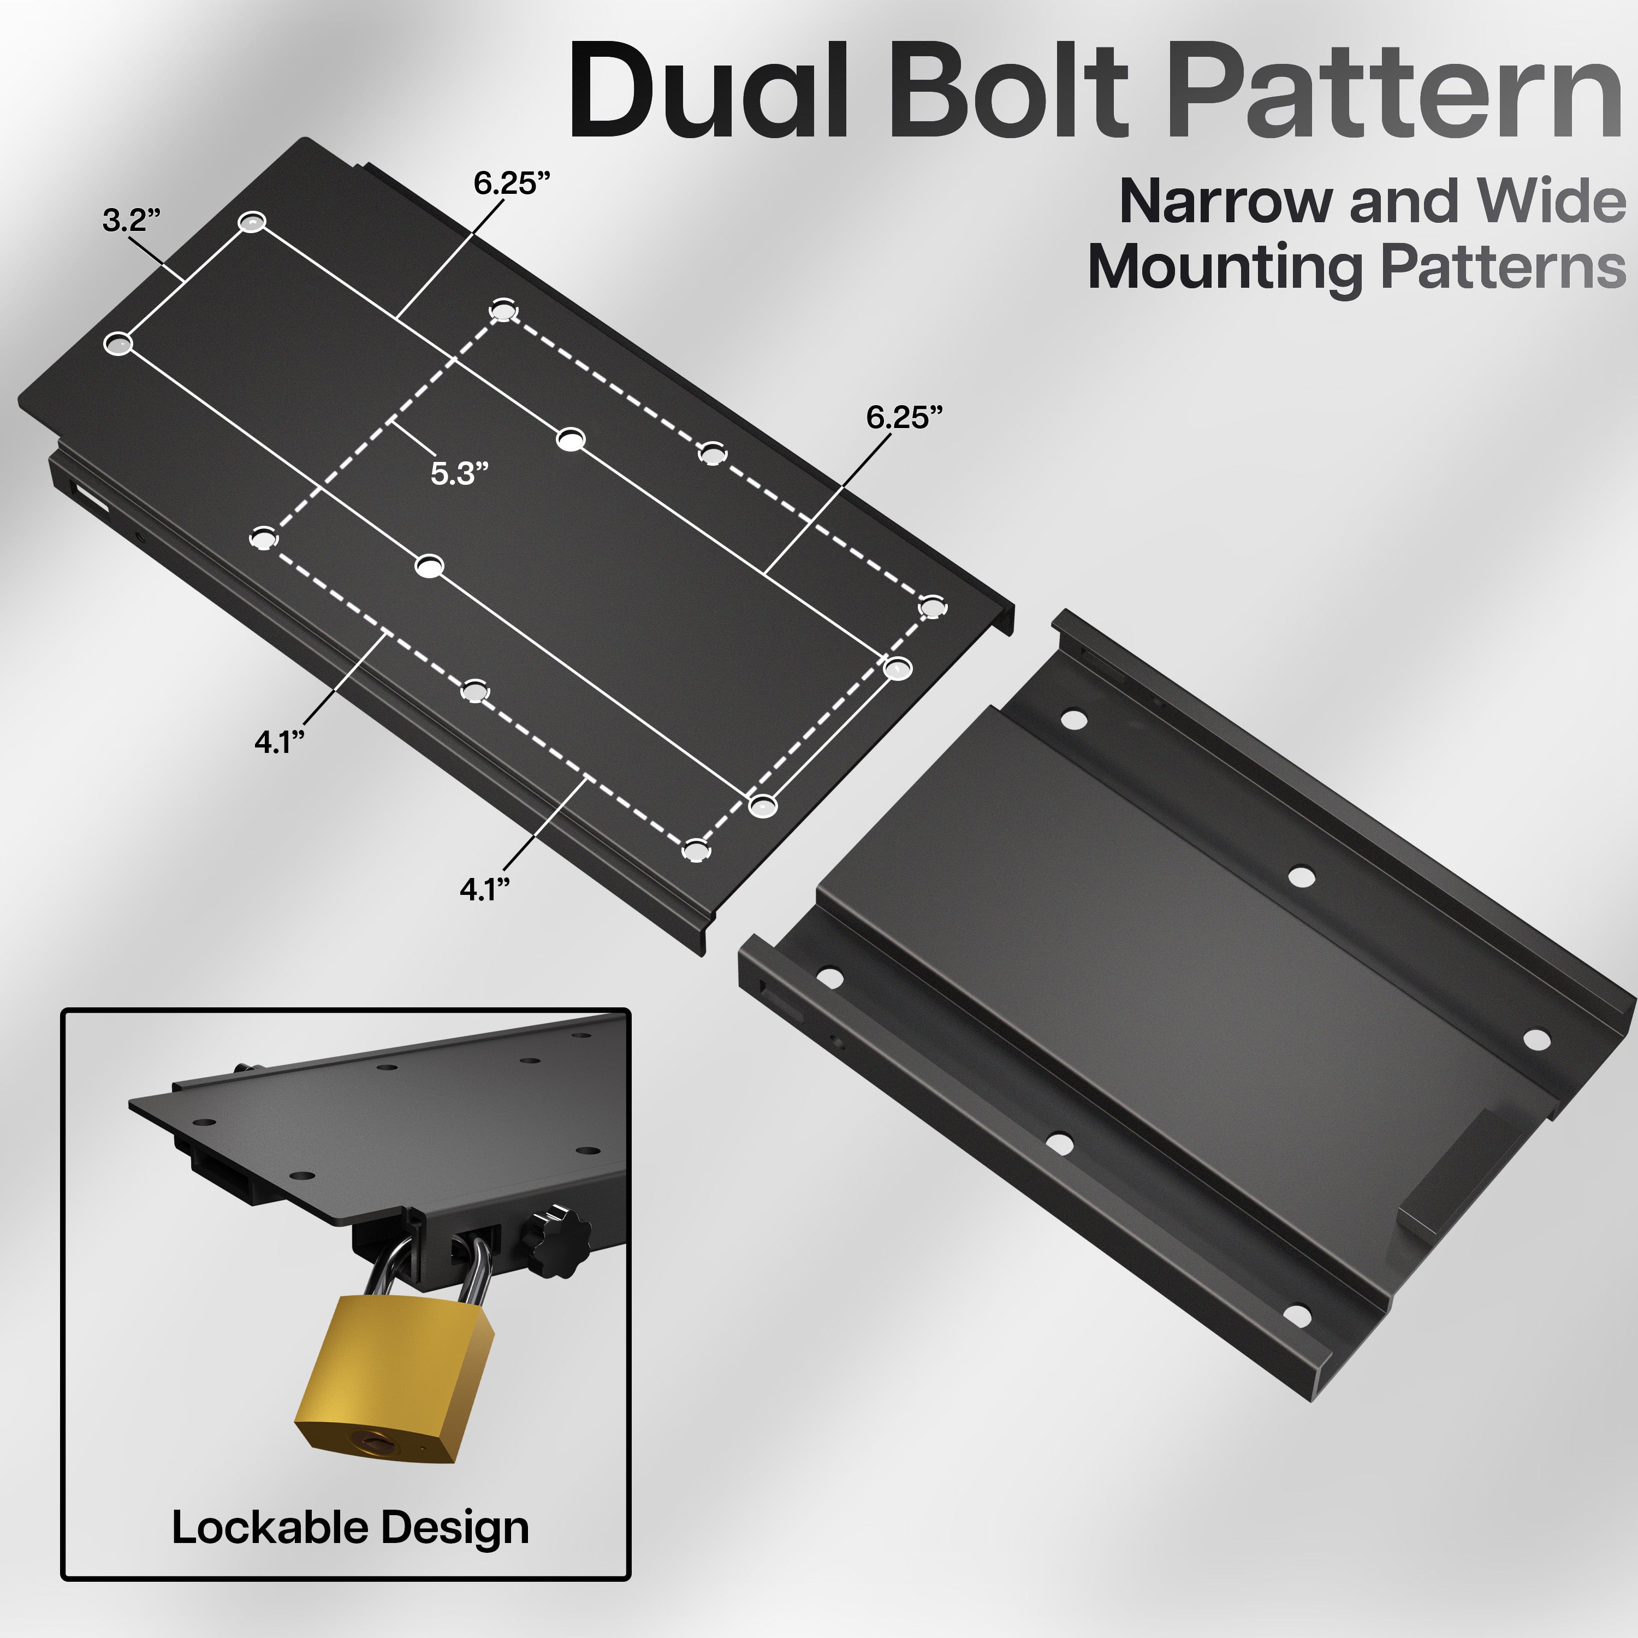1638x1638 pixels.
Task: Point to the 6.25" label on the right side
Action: (904, 417)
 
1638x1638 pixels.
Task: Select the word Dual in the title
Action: (709, 92)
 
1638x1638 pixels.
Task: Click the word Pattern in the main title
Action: (1399, 92)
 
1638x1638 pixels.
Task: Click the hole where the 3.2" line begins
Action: (252, 223)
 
